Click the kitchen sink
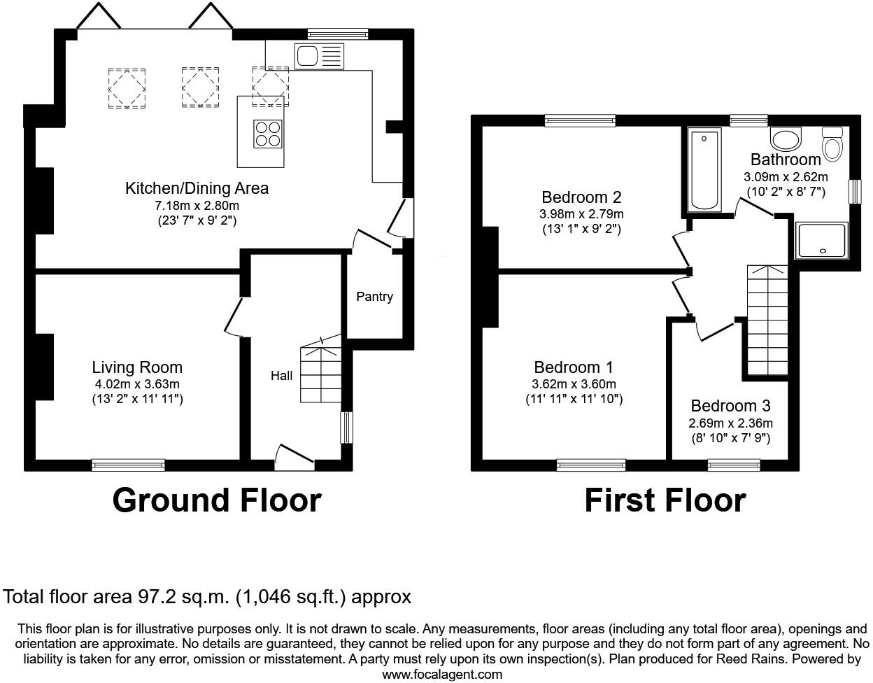pyautogui.click(x=319, y=56)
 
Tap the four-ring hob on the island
pyautogui.click(x=267, y=134)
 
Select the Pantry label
pyautogui.click(x=374, y=297)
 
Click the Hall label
pyautogui.click(x=281, y=376)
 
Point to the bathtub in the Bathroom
pyautogui.click(x=704, y=170)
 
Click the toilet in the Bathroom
pyautogui.click(x=832, y=145)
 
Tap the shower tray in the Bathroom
pyautogui.click(x=821, y=240)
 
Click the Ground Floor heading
pyautogui.click(x=217, y=500)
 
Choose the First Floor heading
pyautogui.click(x=665, y=500)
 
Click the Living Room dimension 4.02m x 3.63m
pyautogui.click(x=137, y=384)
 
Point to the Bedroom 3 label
pyautogui.click(x=731, y=406)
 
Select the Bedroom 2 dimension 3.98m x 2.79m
pyautogui.click(x=581, y=213)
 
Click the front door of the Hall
pyautogui.click(x=294, y=458)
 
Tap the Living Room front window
pyautogui.click(x=128, y=465)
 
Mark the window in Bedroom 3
pyautogui.click(x=734, y=465)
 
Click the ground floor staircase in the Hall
pyautogui.click(x=320, y=369)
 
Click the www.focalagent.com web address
pyautogui.click(x=442, y=675)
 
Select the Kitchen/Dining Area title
pyautogui.click(x=197, y=188)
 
